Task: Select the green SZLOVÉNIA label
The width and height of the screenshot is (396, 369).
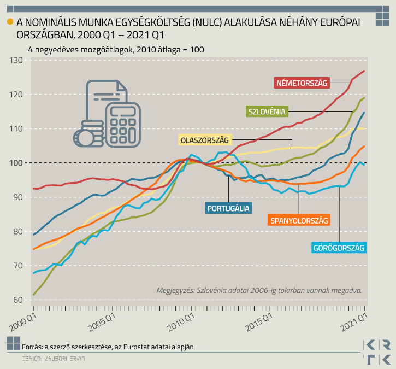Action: [x=267, y=112]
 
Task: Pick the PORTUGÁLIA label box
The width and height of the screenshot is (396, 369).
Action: [x=228, y=208]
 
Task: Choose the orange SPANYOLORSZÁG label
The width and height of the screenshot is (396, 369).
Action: [x=299, y=221]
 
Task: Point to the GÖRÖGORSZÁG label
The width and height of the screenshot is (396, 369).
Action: [x=338, y=248]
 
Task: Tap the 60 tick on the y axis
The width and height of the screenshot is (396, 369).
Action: [x=20, y=300]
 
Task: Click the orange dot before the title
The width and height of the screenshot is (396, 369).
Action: [x=9, y=22]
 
